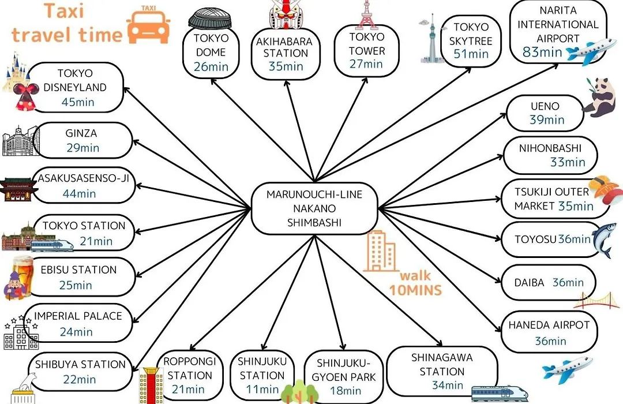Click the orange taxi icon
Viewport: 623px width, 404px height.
(x=149, y=25)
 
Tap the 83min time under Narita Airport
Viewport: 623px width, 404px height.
(x=542, y=52)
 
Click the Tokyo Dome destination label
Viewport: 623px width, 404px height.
(x=211, y=45)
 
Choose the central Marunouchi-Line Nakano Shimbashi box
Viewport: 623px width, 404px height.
(x=314, y=208)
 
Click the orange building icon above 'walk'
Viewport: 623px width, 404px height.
(x=380, y=251)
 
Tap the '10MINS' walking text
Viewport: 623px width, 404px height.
(x=415, y=290)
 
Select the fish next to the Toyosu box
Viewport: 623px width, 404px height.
(x=602, y=240)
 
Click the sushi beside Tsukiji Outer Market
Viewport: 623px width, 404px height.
(x=605, y=189)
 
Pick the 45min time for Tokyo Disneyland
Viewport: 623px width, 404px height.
(x=78, y=102)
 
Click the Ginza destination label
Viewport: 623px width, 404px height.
(x=81, y=133)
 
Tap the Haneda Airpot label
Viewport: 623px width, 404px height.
(x=549, y=326)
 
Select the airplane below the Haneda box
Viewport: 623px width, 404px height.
(x=568, y=370)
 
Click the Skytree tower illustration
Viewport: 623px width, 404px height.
(x=431, y=39)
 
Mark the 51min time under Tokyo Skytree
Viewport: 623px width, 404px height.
(x=471, y=54)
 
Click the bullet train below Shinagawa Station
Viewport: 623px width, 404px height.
(x=499, y=393)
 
